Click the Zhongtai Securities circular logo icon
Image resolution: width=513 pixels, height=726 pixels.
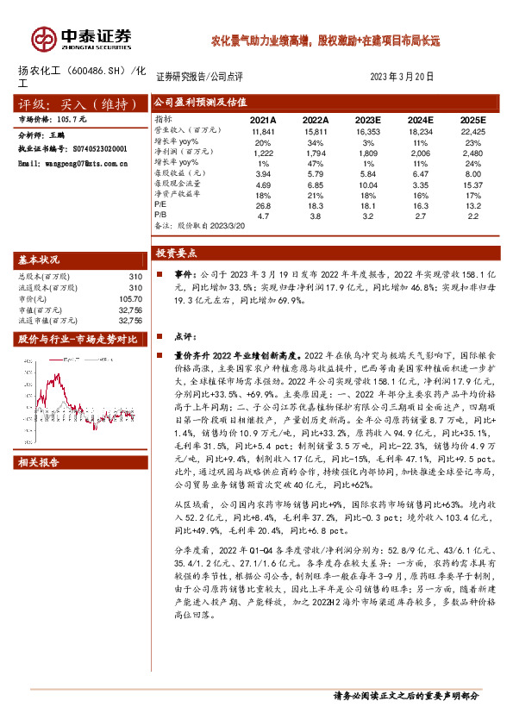(x=42, y=37)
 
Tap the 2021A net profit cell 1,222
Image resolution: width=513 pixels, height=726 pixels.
(x=262, y=152)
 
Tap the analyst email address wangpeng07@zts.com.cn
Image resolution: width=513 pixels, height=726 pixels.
(x=69, y=161)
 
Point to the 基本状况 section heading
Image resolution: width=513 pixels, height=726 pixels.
(x=40, y=260)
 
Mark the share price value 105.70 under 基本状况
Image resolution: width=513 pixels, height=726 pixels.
(x=128, y=297)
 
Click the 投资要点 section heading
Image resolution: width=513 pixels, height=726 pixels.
(x=177, y=253)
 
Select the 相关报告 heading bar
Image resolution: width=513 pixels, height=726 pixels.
(x=40, y=463)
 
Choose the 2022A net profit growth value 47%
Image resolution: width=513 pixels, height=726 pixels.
(x=316, y=162)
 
